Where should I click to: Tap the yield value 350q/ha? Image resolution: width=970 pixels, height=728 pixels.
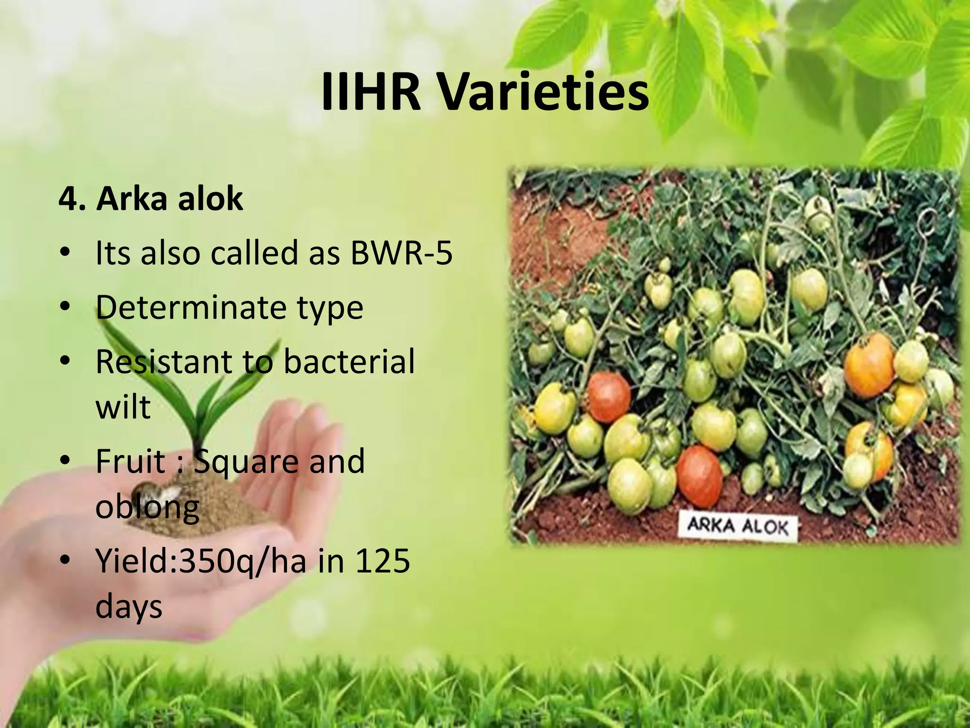(242, 562)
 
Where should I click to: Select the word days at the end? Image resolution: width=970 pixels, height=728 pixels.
(128, 607)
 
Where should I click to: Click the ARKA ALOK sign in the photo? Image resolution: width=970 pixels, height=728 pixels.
(737, 527)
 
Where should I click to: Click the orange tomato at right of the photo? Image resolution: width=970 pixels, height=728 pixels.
(869, 365)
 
